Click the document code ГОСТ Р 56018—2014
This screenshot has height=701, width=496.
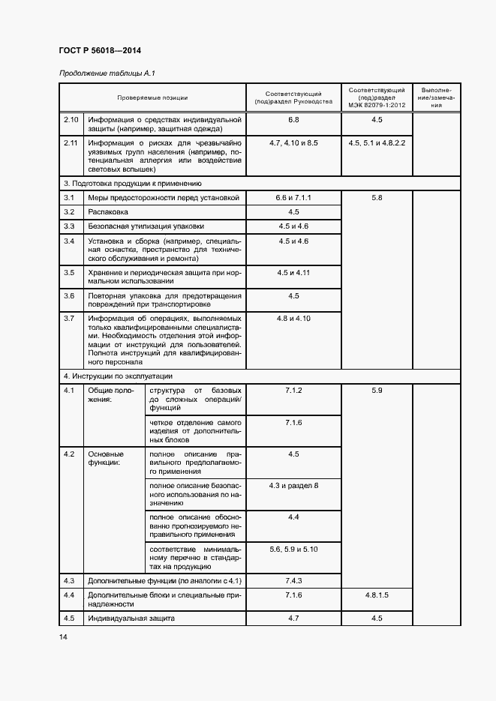point(99,49)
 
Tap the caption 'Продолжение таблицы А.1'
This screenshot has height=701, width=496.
point(107,73)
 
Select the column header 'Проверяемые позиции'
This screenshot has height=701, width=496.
point(152,97)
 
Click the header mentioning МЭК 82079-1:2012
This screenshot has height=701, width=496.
point(377,97)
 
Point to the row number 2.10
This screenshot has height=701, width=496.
point(71,120)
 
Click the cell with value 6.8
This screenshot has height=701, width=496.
point(293,120)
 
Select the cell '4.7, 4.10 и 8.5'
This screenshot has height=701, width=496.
point(293,142)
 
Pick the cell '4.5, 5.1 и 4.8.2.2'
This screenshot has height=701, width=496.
point(377,142)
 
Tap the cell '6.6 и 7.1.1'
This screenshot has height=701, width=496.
point(293,197)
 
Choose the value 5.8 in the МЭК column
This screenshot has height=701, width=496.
point(377,197)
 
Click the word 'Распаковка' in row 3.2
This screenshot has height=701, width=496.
point(107,211)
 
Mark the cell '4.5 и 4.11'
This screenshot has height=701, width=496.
point(293,272)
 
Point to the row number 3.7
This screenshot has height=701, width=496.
point(69,319)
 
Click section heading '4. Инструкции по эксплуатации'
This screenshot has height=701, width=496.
point(118,376)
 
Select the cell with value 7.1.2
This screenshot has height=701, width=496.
point(293,391)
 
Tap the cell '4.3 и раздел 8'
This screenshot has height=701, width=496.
point(293,486)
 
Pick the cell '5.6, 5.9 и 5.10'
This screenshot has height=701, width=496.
point(293,550)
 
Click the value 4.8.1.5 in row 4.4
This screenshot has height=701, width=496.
point(377,595)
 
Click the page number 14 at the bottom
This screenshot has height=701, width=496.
point(63,637)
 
